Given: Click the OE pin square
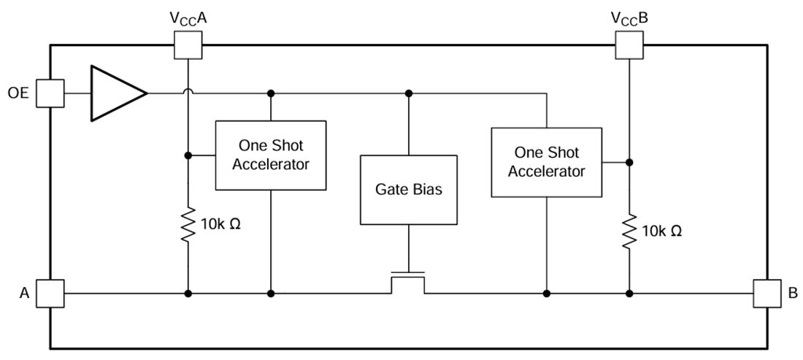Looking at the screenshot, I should click(50, 93).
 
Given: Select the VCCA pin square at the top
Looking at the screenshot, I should click(188, 45).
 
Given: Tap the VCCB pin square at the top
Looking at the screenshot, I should click(629, 45).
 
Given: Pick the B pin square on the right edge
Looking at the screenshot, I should click(766, 294).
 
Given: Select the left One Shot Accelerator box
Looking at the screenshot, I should click(270, 156).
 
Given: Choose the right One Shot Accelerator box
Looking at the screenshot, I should click(546, 162).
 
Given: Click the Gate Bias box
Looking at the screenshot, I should click(409, 189).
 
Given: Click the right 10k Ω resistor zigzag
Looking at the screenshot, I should click(629, 231).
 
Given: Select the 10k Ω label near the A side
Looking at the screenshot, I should click(219, 223).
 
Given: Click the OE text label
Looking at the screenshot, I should click(19, 93).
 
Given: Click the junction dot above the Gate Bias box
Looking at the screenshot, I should click(409, 93).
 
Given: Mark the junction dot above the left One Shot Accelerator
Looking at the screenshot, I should click(271, 93).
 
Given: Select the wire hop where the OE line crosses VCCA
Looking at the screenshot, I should click(188, 92).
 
